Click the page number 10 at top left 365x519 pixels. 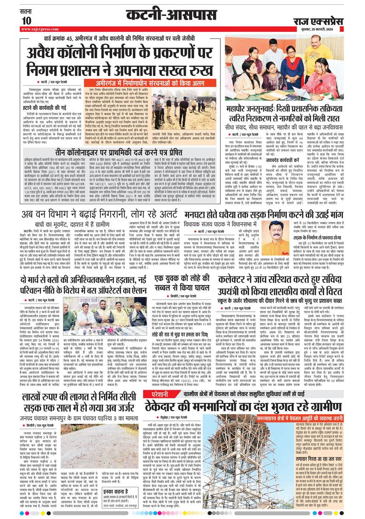pyautogui.click(x=26, y=20)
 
